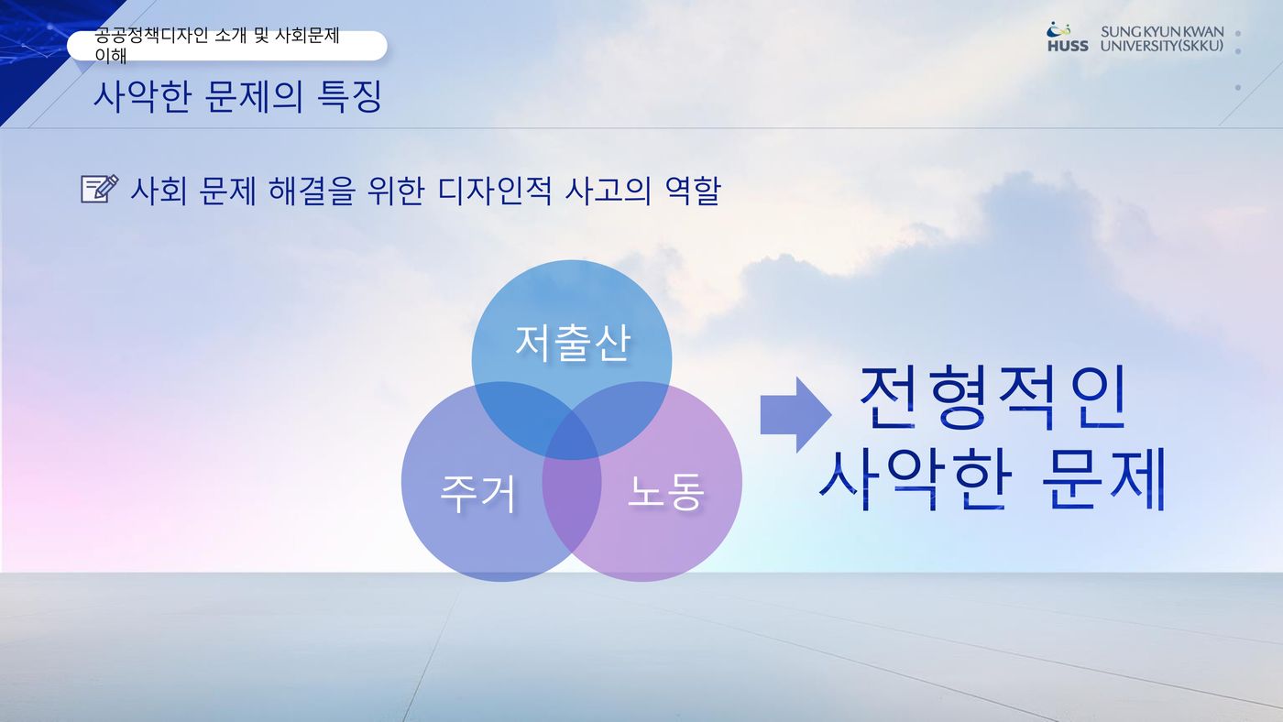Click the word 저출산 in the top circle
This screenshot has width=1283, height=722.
tap(573, 343)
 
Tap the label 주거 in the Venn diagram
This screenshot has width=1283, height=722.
tap(477, 494)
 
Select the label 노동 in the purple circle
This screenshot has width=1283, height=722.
tap(665, 491)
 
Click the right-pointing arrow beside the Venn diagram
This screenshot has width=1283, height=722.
tap(795, 414)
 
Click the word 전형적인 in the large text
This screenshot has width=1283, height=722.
tap(992, 398)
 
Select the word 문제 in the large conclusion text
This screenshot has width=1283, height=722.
tap(1103, 479)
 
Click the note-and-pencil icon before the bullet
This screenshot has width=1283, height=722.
tap(100, 189)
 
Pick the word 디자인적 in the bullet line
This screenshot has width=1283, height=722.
tap(495, 191)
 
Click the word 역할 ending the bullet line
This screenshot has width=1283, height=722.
tap(693, 191)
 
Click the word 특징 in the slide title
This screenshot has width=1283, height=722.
tap(349, 96)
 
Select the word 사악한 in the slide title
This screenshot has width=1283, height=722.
tap(142, 96)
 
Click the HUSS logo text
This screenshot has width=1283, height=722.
tap(1068, 46)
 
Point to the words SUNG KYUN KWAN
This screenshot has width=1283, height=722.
tap(1162, 31)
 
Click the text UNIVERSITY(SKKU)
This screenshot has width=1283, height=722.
tap(1162, 46)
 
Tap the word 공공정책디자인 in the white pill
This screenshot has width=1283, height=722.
tap(151, 35)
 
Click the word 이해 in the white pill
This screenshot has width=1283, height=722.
tap(111, 55)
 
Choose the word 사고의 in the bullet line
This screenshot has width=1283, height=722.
tap(608, 191)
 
